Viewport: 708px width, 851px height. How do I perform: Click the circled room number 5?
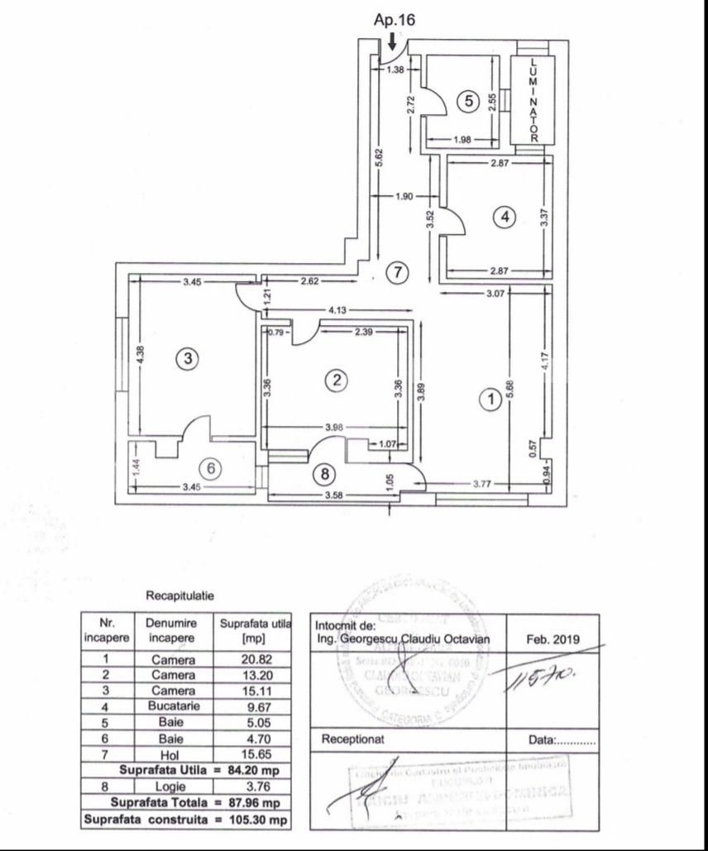pyautogui.click(x=468, y=101)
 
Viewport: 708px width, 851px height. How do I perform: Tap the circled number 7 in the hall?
pyautogui.click(x=399, y=272)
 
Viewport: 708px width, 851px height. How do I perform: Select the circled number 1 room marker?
pyautogui.click(x=490, y=399)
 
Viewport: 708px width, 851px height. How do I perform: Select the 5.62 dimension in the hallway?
pyautogui.click(x=378, y=157)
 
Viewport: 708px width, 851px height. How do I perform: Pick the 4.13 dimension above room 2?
pyautogui.click(x=337, y=310)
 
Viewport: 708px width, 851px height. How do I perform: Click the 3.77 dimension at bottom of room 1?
pyautogui.click(x=483, y=485)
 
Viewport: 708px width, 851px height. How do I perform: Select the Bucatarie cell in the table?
pyautogui.click(x=173, y=708)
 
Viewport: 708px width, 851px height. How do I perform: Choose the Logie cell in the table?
pyautogui.click(x=173, y=787)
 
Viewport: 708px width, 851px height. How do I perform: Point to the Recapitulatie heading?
pyautogui.click(x=180, y=595)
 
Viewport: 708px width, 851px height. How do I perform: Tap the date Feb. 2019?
pyautogui.click(x=553, y=639)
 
